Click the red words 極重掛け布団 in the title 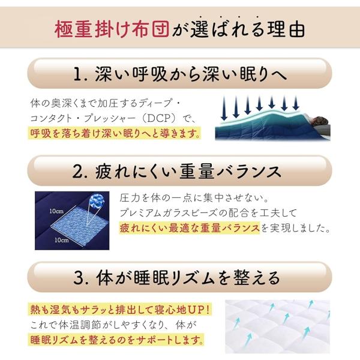pos(112,29)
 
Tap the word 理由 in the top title pos(286,29)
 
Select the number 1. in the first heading pos(80,74)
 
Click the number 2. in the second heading pos(80,172)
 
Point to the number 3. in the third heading pos(81,278)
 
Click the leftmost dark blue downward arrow pos(224,108)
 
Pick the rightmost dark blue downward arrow pos(296,103)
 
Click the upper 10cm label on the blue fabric pos(56,211)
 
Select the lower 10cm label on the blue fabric pos(62,240)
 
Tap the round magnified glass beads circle pos(97,200)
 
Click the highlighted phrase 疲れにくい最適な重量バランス pos(190,228)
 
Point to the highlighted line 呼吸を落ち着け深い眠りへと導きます pos(115,133)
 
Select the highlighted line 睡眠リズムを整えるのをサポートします pos(116,340)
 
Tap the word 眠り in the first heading pos(254,74)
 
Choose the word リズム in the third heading pos(193,278)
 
